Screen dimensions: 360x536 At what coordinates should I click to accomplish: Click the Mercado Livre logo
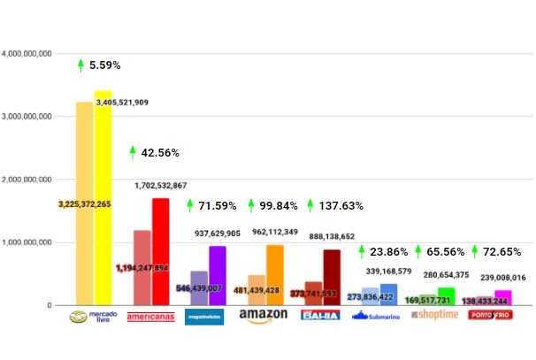coord(93,317)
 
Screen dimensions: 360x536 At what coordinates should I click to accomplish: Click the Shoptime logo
coord(434,316)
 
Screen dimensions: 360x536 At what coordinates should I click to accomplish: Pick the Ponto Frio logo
coord(491,315)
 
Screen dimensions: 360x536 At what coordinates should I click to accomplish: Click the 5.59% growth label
coord(104,65)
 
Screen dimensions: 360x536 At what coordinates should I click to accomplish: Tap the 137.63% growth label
coord(341,206)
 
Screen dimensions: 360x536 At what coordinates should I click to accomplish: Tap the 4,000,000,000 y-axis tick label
coord(28,53)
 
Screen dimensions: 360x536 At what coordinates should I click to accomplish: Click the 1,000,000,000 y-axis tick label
coord(28,242)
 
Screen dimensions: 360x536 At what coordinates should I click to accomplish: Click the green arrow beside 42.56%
coord(133,152)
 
